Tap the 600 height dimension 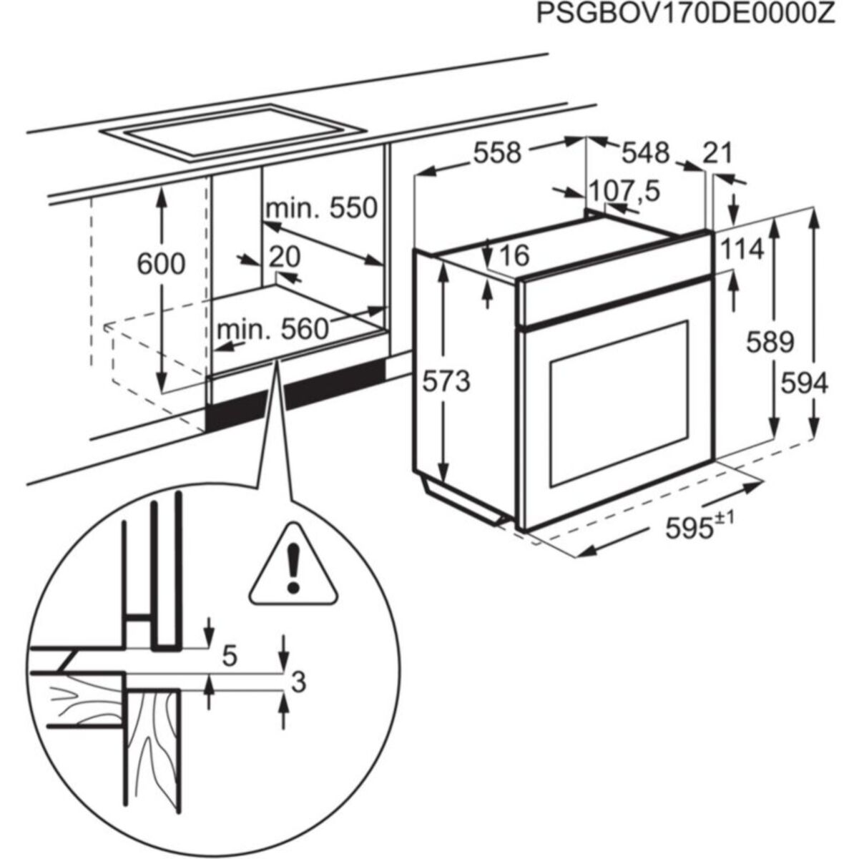(161, 264)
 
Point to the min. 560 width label (272, 329)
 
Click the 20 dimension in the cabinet (284, 257)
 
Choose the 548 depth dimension (644, 152)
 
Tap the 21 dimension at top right (718, 152)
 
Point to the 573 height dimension (446, 381)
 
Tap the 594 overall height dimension (803, 383)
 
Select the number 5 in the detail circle (230, 655)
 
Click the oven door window (619, 408)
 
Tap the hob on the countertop (232, 132)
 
